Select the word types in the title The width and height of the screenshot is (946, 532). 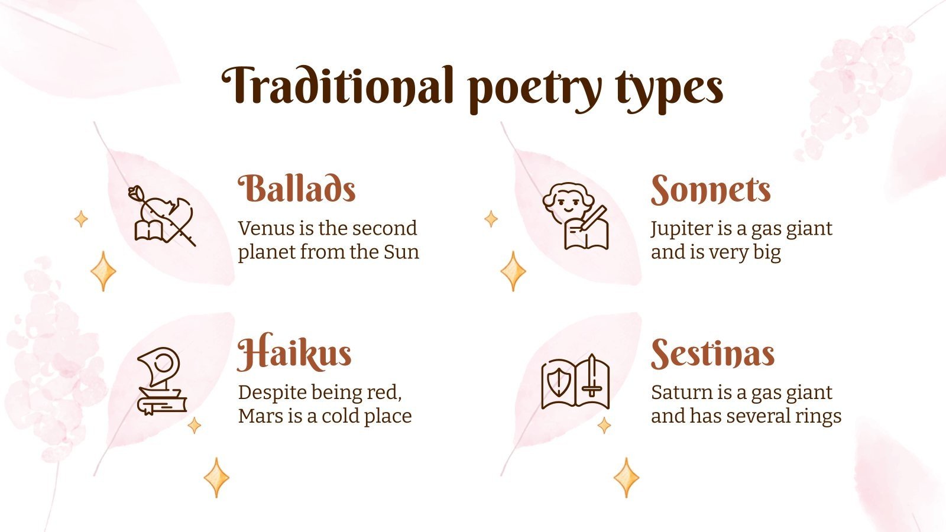669,90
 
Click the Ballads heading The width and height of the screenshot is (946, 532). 297,189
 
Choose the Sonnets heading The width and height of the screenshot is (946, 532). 711,190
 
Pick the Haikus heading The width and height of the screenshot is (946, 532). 294,353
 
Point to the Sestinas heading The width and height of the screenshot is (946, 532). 712,353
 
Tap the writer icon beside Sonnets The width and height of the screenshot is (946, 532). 575,215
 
